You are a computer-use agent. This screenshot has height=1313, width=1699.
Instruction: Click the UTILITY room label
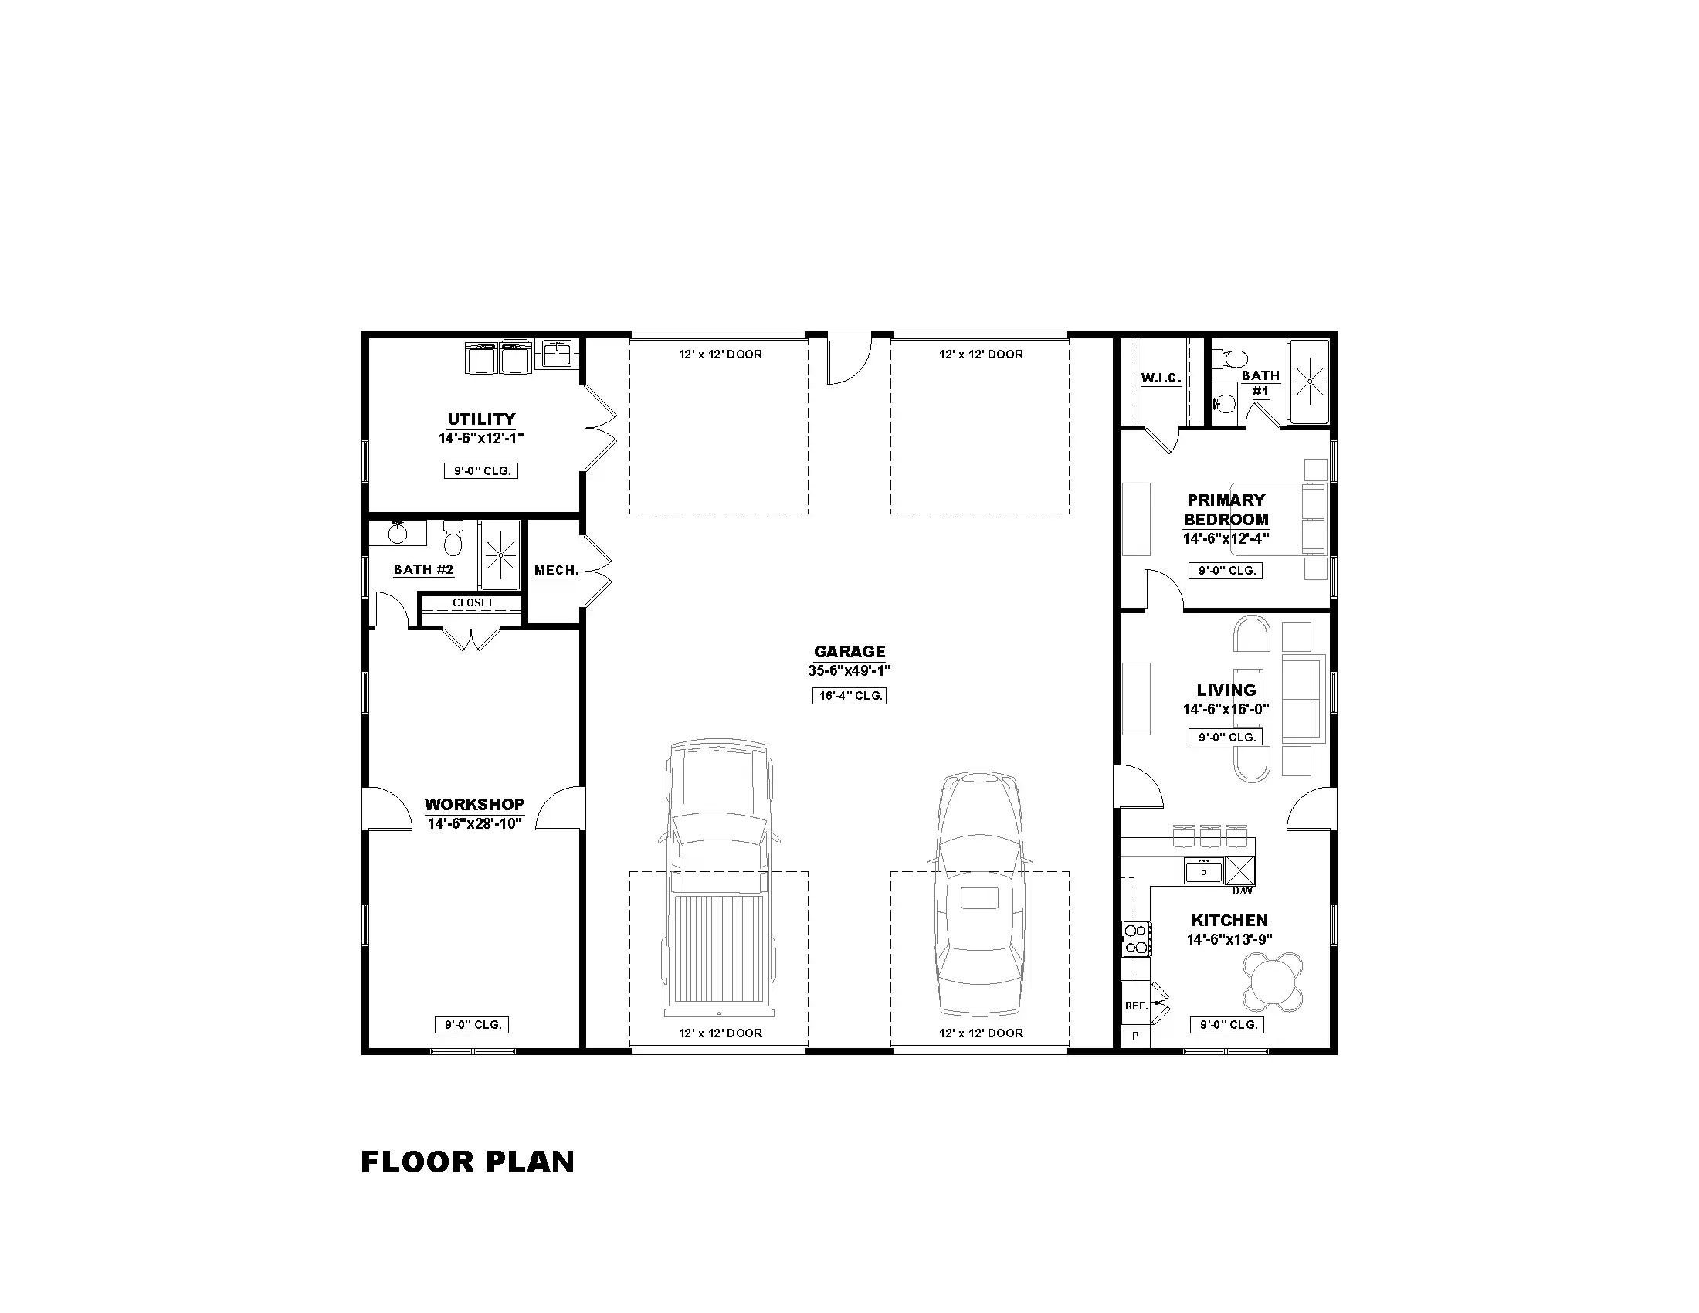(x=481, y=419)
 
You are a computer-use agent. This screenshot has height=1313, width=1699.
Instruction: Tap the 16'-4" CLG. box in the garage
(x=849, y=695)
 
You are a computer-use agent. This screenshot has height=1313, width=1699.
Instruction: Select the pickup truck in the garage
(x=719, y=879)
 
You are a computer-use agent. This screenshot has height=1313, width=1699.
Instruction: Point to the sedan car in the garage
(x=979, y=894)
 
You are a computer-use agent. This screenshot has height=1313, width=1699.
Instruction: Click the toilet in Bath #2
(x=453, y=537)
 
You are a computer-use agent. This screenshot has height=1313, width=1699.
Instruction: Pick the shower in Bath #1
(x=1309, y=381)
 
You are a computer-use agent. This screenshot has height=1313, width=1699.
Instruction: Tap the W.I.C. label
(x=1161, y=378)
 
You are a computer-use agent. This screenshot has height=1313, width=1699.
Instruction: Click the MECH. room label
(x=557, y=570)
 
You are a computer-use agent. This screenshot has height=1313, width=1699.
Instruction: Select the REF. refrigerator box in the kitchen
(x=1136, y=1005)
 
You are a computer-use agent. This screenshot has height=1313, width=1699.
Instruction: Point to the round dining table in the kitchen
(x=1273, y=982)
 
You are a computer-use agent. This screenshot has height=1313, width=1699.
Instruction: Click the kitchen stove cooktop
(x=1135, y=938)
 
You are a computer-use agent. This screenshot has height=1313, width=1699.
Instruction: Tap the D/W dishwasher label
(x=1243, y=891)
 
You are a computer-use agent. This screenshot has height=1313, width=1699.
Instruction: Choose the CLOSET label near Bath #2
(x=473, y=602)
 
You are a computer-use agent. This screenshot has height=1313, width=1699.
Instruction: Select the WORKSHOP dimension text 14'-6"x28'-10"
(x=473, y=824)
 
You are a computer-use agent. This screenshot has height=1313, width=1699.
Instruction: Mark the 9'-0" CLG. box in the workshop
(x=472, y=1024)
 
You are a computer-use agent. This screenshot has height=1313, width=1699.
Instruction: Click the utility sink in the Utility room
(x=556, y=353)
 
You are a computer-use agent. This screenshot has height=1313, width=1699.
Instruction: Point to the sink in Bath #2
(x=398, y=533)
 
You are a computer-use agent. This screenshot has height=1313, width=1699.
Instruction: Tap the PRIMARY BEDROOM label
(x=1226, y=510)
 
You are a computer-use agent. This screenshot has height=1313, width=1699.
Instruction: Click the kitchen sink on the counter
(x=1203, y=870)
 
